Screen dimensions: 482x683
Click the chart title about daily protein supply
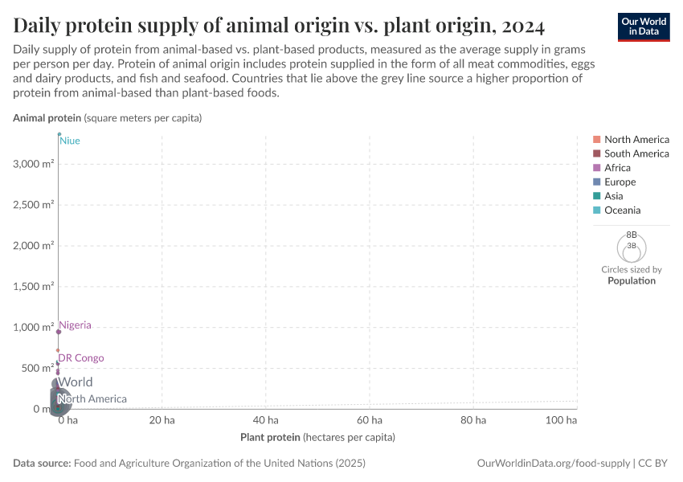[280, 26]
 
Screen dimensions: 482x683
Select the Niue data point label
[70, 141]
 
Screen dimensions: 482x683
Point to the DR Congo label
[80, 358]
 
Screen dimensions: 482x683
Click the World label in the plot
[75, 382]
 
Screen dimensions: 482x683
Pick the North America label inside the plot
[92, 399]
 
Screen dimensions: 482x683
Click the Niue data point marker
[59, 134]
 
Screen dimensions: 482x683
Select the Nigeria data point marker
[59, 332]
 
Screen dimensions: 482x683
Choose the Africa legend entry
[617, 168]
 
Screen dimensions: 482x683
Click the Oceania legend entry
[622, 210]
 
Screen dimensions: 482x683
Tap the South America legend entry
[636, 153]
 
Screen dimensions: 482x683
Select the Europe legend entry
[620, 182]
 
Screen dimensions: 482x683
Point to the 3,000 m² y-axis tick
[33, 164]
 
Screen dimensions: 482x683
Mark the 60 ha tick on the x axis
[370, 420]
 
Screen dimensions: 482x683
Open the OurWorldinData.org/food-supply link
[554, 464]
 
